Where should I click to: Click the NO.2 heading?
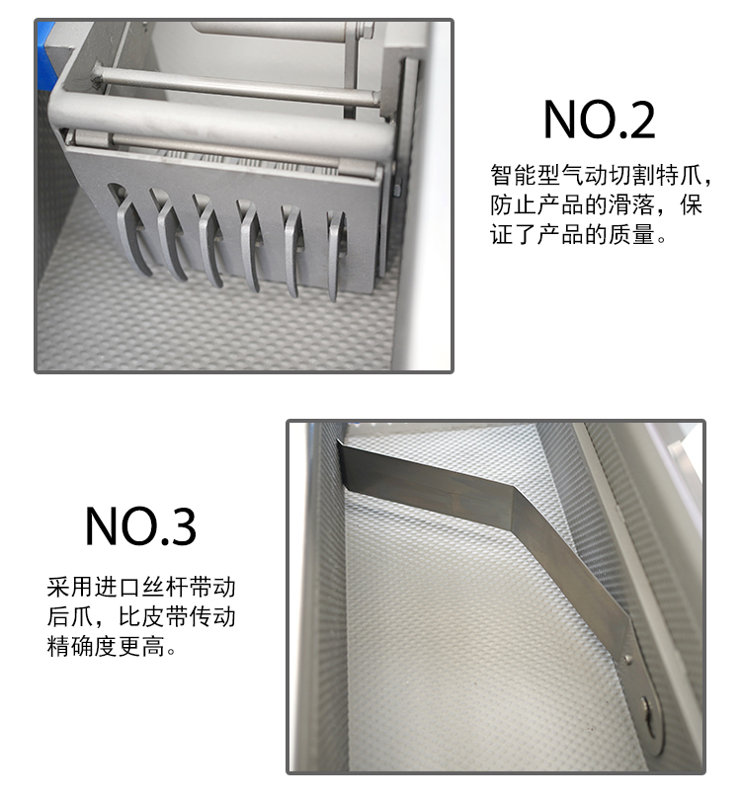click(600, 120)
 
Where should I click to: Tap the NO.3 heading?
click(140, 526)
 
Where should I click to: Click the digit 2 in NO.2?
click(639, 120)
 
